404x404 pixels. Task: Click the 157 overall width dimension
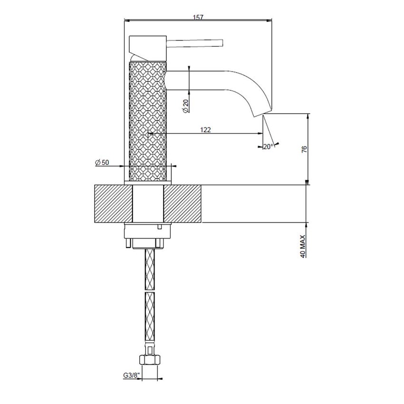tap(198, 18)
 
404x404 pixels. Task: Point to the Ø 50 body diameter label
tap(102, 163)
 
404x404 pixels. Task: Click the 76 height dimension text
tap(305, 149)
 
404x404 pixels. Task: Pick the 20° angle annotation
tap(268, 146)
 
